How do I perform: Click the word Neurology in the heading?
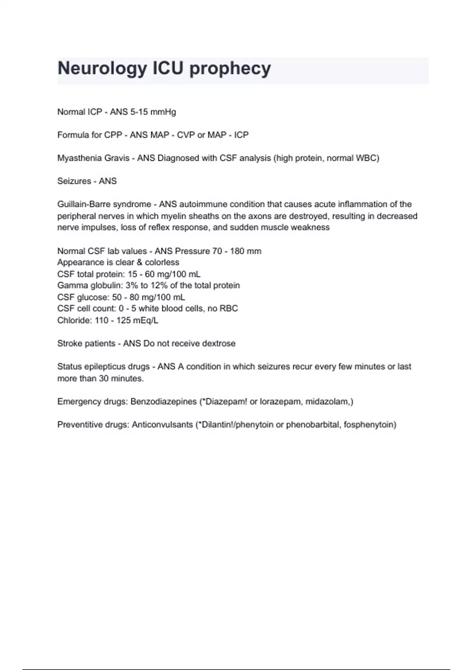102,69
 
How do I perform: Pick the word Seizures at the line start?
74,181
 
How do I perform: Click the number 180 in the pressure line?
237,251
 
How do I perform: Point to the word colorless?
162,262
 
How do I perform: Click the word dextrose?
218,344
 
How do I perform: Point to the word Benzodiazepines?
164,402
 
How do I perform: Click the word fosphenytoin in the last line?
368,425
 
